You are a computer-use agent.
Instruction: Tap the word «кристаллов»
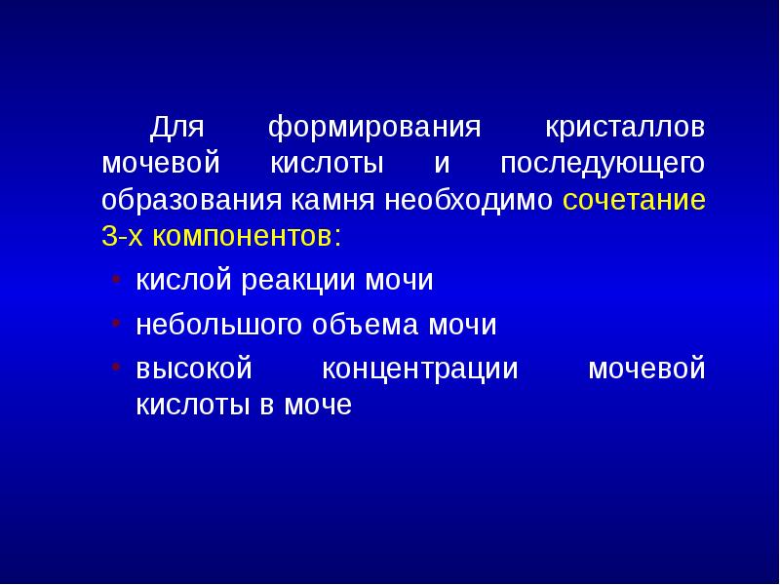click(624, 128)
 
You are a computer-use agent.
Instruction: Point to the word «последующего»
click(602, 164)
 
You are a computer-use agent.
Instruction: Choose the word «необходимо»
click(456, 201)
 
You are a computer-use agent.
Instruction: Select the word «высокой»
click(194, 370)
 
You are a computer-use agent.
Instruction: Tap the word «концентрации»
click(419, 370)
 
